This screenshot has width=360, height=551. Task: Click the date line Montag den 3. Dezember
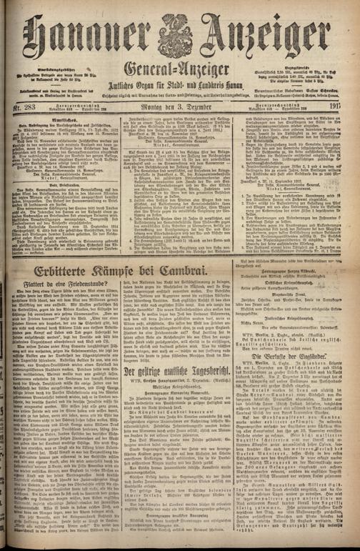point(179,108)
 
